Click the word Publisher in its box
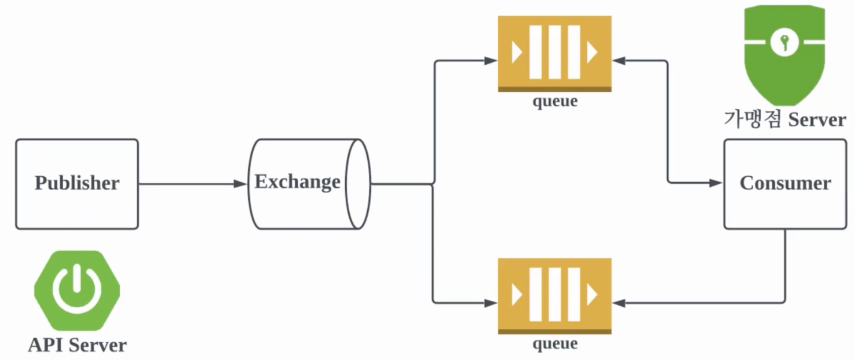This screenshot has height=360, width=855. [x=77, y=183]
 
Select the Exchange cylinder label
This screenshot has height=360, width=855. [x=297, y=182]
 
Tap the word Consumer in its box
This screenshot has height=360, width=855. [x=785, y=183]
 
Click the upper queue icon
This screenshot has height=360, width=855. [x=555, y=53]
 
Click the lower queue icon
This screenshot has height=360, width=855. [x=555, y=295]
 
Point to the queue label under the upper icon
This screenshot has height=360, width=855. [x=555, y=101]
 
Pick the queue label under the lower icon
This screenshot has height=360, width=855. [x=555, y=343]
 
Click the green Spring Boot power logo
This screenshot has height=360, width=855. [x=77, y=290]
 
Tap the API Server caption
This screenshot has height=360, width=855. [x=77, y=345]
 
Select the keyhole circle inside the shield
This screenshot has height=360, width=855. [x=785, y=42]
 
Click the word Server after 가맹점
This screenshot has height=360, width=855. [x=817, y=120]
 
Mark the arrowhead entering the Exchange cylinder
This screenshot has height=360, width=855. [x=241, y=184]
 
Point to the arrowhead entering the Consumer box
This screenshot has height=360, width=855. [x=715, y=183]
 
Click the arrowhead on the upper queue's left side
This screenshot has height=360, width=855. [x=491, y=61]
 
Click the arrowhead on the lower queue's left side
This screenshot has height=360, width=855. [x=491, y=303]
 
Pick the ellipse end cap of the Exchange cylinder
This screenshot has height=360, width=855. [x=358, y=184]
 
